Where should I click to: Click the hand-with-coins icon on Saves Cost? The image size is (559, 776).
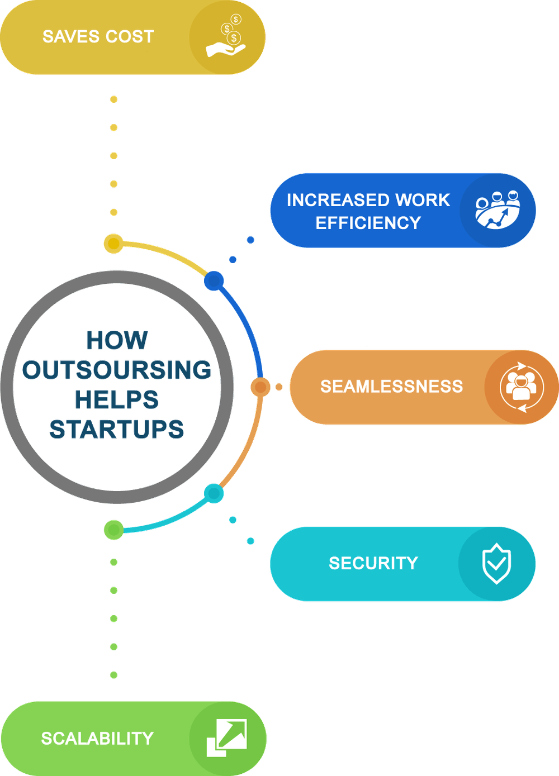pos(226,37)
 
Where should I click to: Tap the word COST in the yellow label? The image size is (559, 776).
pos(129,37)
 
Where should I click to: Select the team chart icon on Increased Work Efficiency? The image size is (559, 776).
pos(497,210)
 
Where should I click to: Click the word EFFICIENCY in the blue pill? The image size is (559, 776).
pos(368,223)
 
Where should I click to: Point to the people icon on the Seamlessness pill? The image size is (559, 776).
pos(521,387)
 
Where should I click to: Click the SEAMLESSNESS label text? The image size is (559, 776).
pos(391,387)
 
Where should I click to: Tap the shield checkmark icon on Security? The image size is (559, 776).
pos(496,564)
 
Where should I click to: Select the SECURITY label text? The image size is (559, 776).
pos(373,563)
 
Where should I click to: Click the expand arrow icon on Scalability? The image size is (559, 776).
pos(226,738)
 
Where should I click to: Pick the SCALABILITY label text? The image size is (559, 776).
pos(97,739)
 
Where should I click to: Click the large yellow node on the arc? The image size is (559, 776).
pos(113,244)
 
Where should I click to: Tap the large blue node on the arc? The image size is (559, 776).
pos(214,280)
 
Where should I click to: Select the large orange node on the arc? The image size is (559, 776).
pos(260,387)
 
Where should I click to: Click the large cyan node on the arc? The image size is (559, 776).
pos(214,493)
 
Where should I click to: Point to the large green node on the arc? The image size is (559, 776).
pos(114,529)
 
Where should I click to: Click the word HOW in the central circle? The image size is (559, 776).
pos(117,341)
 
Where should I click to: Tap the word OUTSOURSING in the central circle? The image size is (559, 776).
pos(117,370)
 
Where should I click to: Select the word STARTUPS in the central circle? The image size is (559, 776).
pos(117,429)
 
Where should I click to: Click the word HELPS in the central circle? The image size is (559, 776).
pos(117,399)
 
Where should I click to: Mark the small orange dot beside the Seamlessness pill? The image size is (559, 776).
pos(279,387)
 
